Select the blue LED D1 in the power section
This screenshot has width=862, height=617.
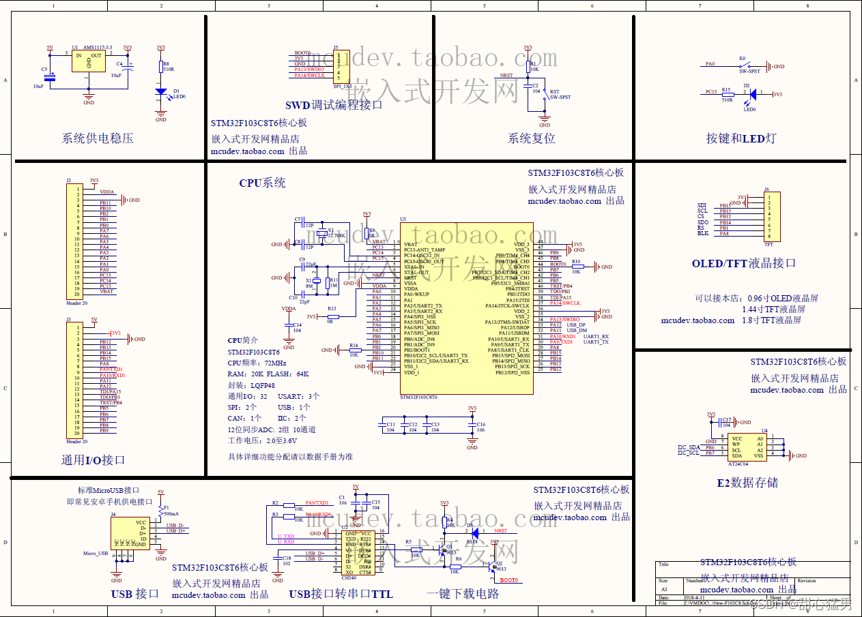pos(160,91)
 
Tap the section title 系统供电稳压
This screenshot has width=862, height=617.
pos(98,138)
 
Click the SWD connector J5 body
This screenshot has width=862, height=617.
pos(342,65)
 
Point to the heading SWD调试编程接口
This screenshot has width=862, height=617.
pos(334,105)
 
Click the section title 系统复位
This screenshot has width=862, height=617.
pos(531,138)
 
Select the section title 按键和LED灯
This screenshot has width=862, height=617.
pos(741,138)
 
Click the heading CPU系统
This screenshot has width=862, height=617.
pos(262,183)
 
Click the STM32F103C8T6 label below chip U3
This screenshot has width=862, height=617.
pos(418,397)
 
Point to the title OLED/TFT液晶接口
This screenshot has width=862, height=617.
pos(743,263)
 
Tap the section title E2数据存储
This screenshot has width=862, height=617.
pos(747,483)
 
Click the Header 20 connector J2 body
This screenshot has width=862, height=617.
pos(72,242)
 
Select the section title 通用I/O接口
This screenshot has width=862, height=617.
pos(93,460)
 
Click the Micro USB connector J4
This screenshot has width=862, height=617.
pos(130,533)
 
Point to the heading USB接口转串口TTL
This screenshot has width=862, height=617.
pos(341,594)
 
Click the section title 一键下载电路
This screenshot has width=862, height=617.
pos(462,594)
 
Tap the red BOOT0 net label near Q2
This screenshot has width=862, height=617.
pos(509,580)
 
